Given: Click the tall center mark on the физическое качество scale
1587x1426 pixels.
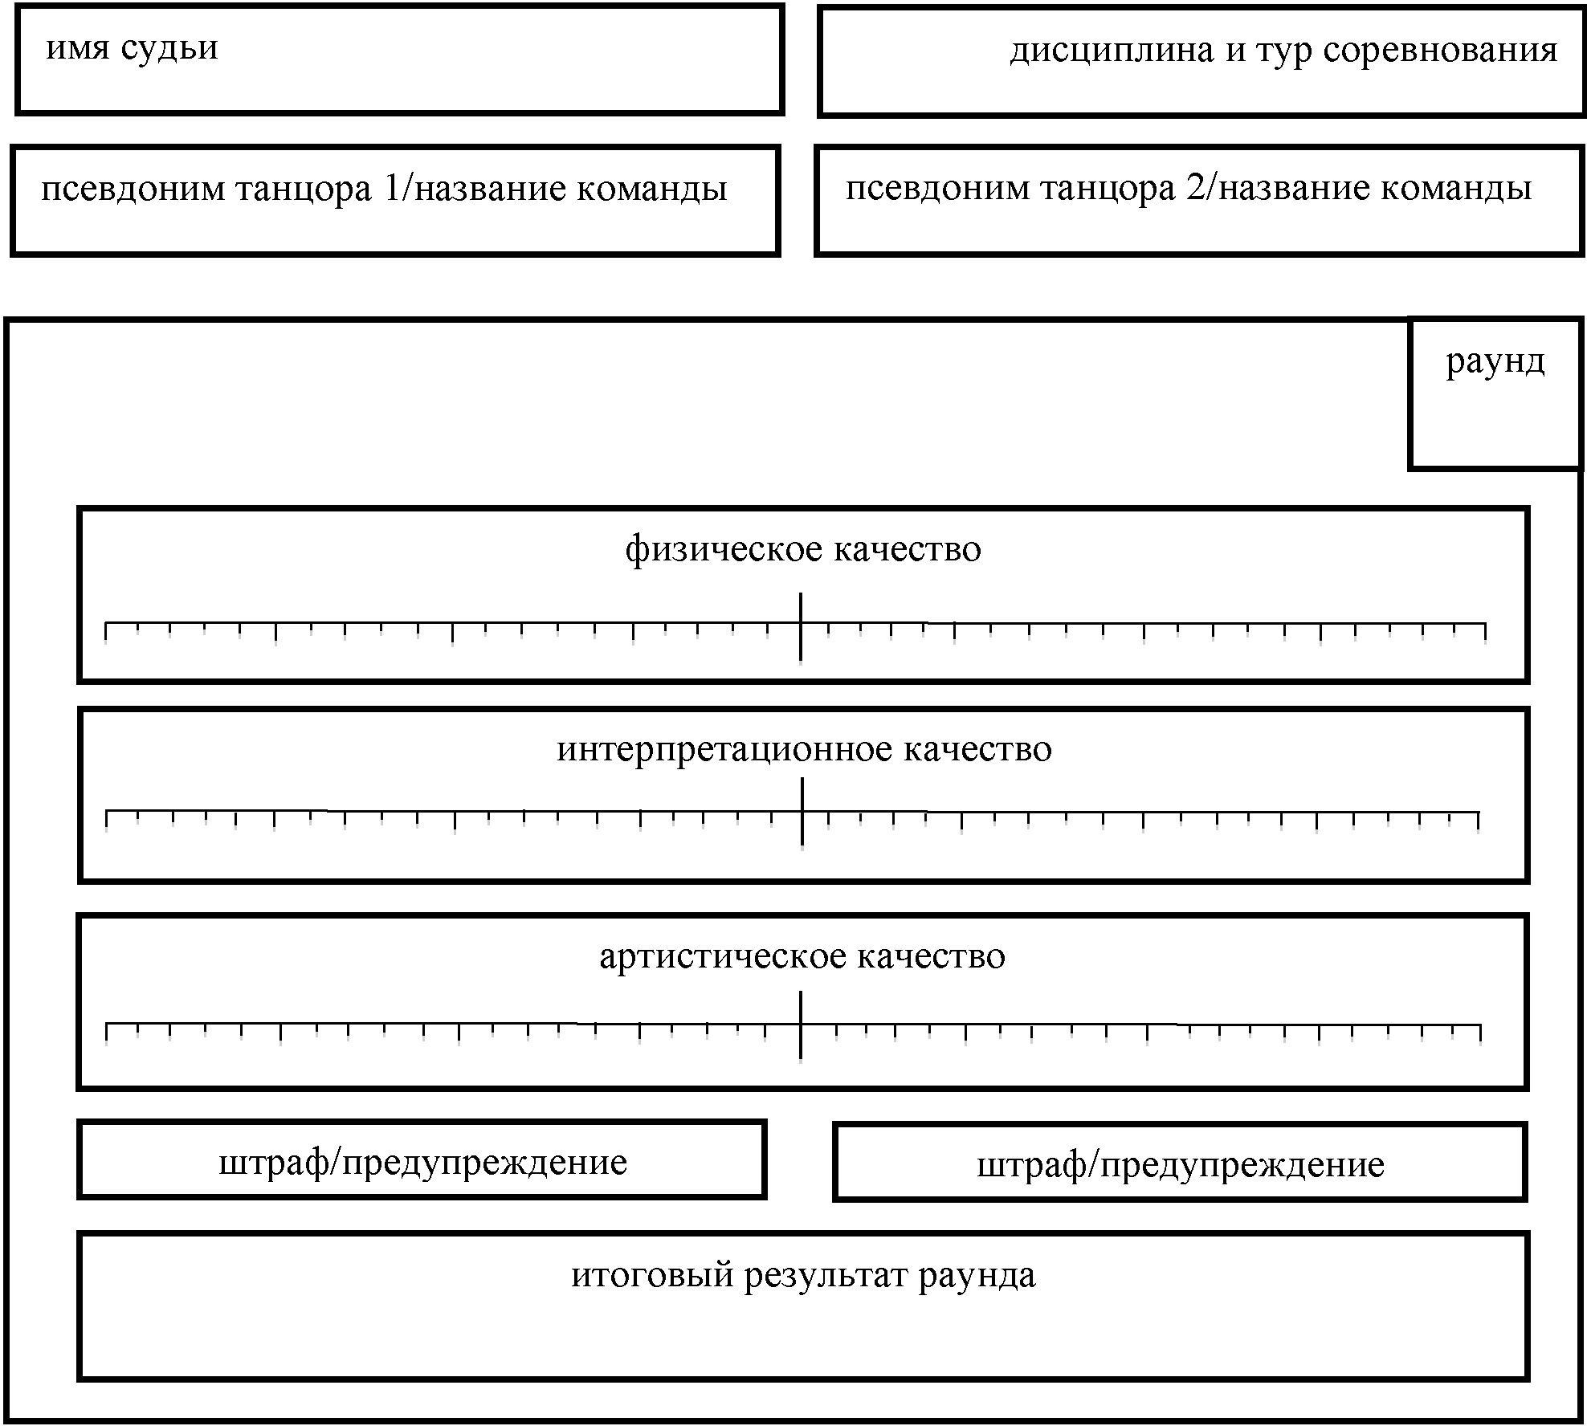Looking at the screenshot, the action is [801, 627].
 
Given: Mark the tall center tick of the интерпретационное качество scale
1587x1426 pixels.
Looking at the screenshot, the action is [802, 812].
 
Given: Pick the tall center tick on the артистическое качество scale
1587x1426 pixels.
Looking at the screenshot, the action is [801, 1026].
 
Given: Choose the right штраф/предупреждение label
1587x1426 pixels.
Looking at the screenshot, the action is [1181, 1166].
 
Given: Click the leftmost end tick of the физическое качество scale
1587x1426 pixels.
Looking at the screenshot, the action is [106, 632].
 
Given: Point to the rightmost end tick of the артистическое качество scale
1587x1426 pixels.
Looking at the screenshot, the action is [1480, 1034].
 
